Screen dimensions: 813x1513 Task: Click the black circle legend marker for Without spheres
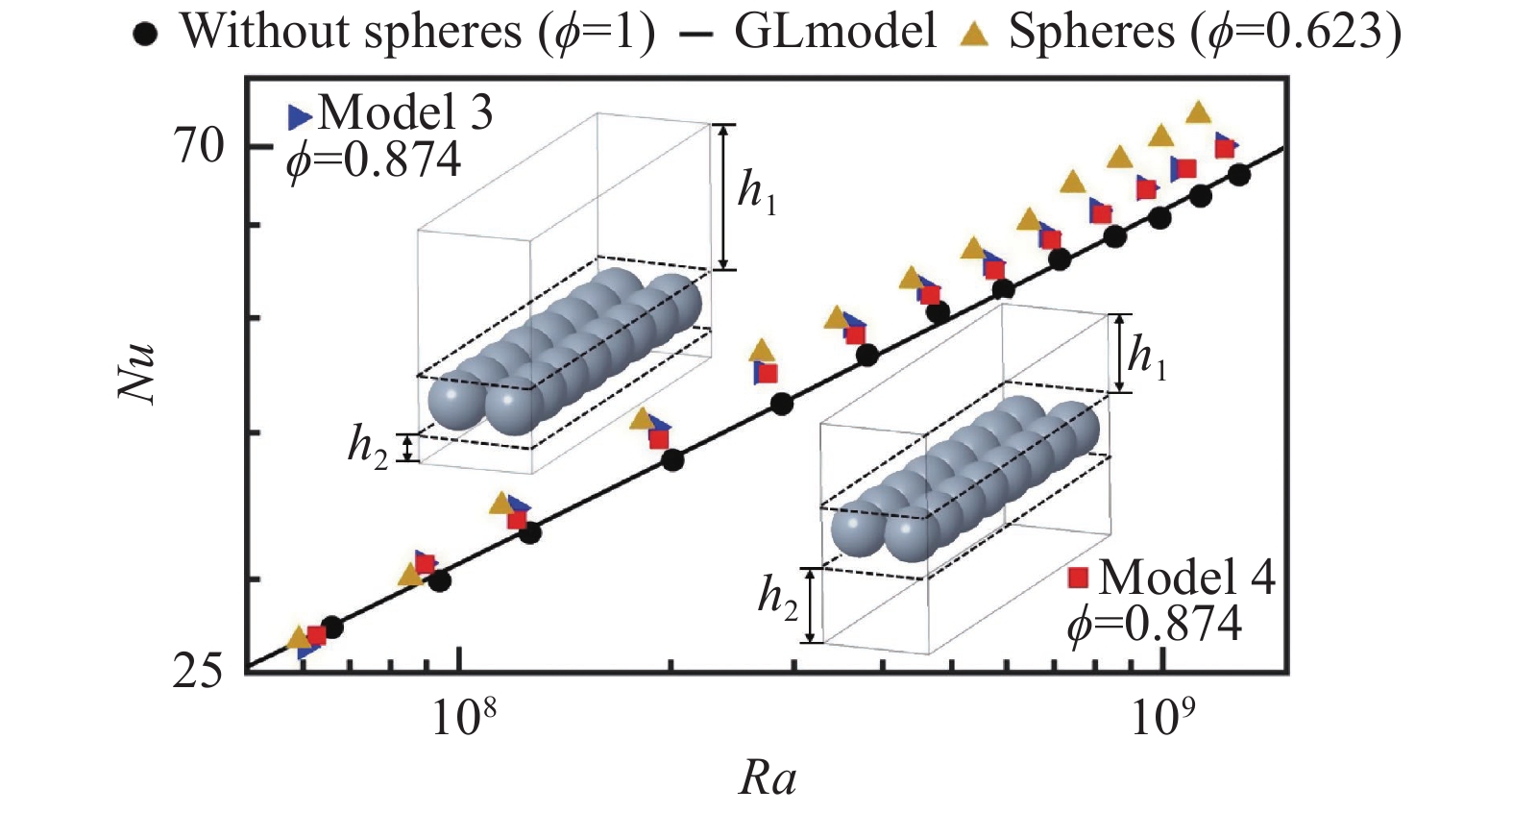click(145, 36)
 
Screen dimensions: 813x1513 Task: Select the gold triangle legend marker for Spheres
click(975, 36)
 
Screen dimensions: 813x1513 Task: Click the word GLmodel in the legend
click(835, 32)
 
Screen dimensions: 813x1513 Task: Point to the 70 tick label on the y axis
click(199, 146)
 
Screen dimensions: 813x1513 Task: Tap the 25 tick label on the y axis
click(199, 670)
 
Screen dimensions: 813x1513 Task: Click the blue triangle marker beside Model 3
click(300, 116)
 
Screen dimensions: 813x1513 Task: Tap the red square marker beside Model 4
click(1079, 577)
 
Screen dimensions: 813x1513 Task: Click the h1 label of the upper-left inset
click(756, 190)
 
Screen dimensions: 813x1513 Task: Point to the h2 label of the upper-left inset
click(368, 446)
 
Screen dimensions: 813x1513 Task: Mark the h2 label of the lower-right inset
click(778, 598)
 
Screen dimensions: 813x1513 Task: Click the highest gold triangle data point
click(1198, 112)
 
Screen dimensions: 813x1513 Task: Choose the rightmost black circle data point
click(1239, 174)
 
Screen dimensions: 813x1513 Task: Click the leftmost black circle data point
click(332, 628)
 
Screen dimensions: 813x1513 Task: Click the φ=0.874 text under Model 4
click(1155, 625)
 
